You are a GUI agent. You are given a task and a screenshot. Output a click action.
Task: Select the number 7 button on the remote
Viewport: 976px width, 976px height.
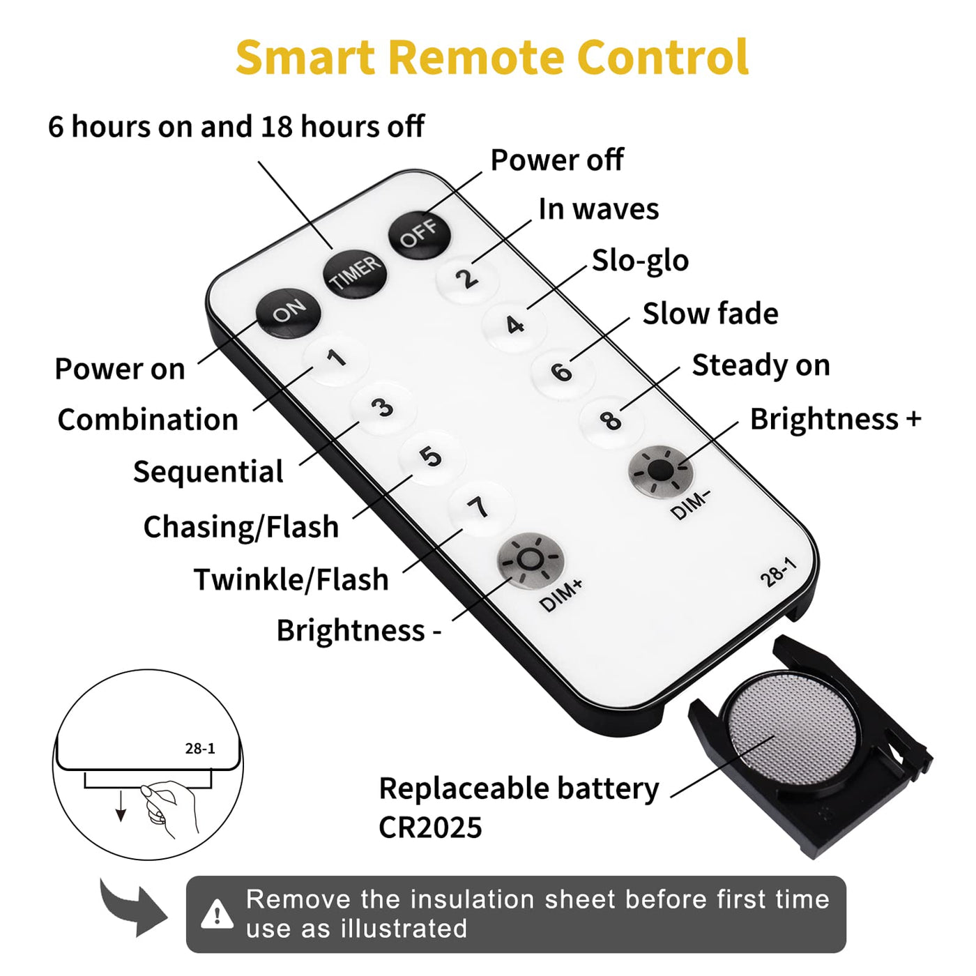pos(480,507)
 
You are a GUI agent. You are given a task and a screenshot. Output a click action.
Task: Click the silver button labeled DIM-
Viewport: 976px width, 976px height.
pos(661,472)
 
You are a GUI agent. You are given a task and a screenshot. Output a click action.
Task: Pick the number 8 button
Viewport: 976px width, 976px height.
pos(611,420)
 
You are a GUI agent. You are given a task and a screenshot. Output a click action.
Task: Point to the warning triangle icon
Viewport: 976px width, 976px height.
pos(218,914)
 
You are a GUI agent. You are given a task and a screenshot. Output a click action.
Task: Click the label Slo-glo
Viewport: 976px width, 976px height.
pos(640,261)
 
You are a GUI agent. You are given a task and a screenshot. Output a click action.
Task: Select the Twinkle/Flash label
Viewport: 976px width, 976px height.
pos(291,579)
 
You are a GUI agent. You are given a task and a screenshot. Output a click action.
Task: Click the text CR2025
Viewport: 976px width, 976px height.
pos(430,828)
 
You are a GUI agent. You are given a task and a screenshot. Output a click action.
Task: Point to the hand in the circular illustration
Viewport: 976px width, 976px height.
pos(167,807)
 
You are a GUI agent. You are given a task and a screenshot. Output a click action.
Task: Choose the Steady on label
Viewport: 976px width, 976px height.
pos(761,365)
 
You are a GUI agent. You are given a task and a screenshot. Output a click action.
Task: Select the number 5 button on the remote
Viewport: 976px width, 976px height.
pos(431,457)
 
